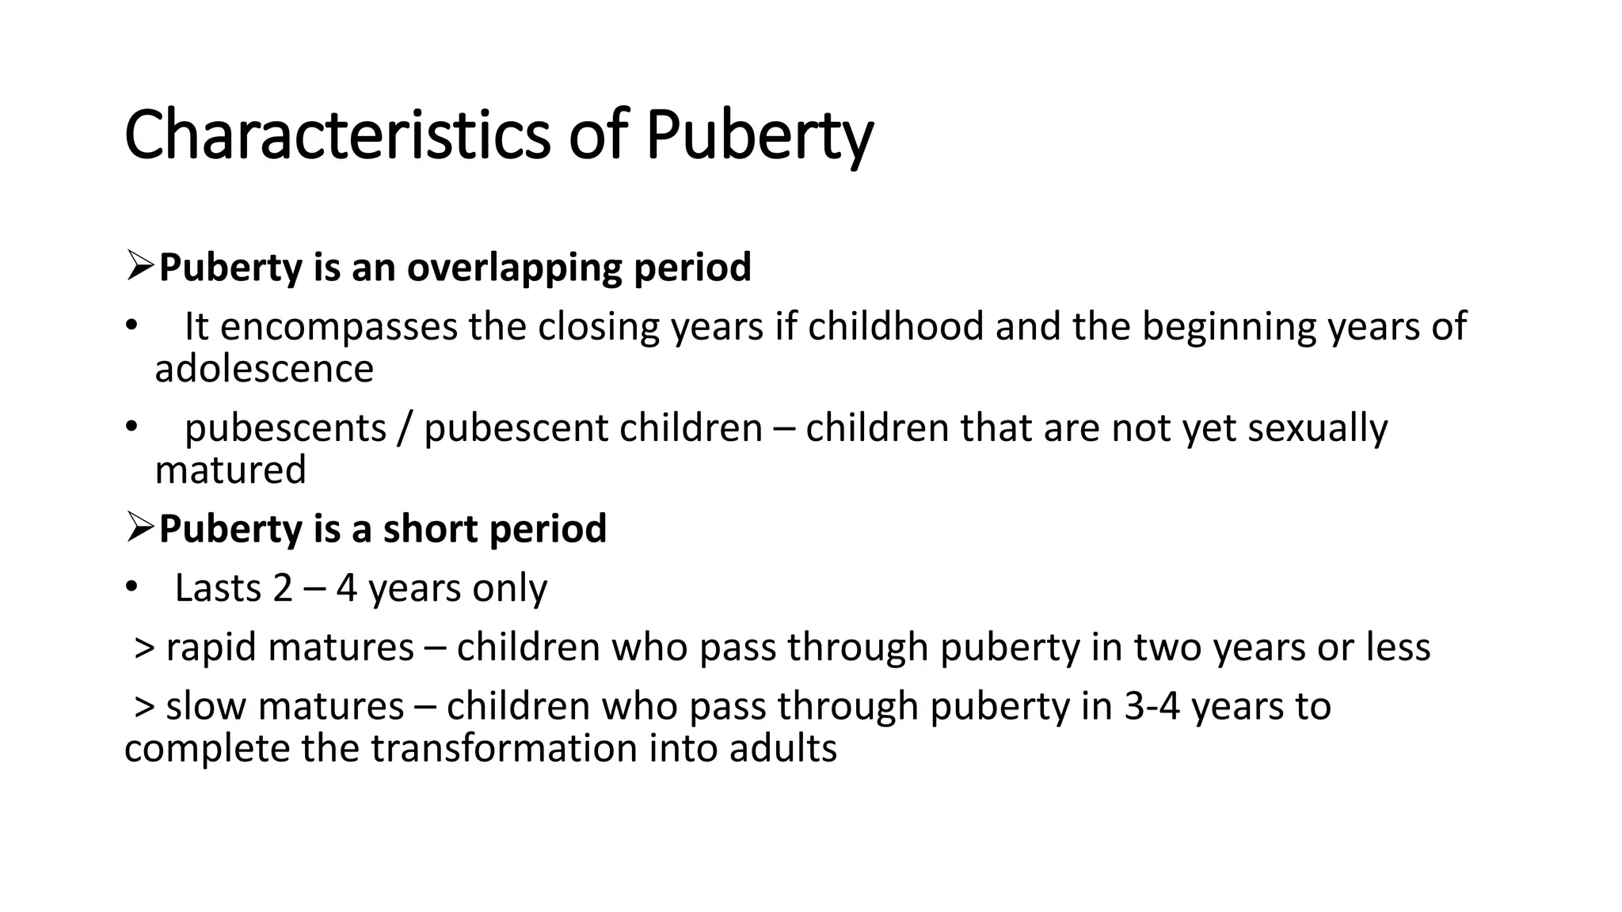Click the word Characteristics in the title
(337, 135)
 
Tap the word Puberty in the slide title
(759, 135)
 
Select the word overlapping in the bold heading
(515, 268)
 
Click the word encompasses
(339, 327)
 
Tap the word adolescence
(264, 369)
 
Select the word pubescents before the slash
(285, 428)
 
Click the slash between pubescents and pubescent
(405, 428)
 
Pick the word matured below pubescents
(230, 470)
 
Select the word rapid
(211, 648)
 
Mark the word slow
(206, 706)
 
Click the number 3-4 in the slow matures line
(1152, 706)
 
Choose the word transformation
(504, 748)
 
